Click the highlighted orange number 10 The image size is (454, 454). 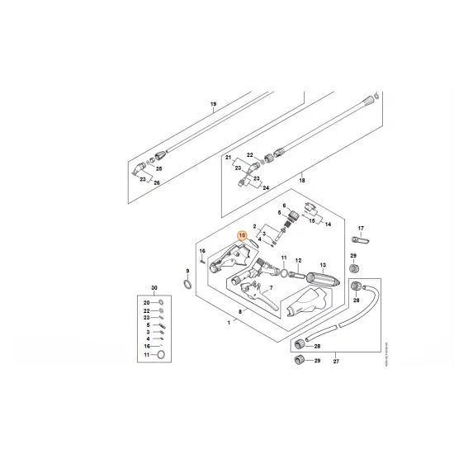pyautogui.click(x=242, y=235)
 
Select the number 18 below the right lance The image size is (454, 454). pyautogui.click(x=301, y=179)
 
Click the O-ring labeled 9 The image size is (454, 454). pyautogui.click(x=189, y=285)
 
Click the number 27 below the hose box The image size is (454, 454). pyautogui.click(x=335, y=361)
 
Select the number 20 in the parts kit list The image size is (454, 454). pyautogui.click(x=146, y=303)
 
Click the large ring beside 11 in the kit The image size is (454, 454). pyautogui.click(x=161, y=355)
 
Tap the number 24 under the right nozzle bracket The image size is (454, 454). pyautogui.click(x=267, y=187)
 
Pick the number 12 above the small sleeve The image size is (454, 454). pyautogui.click(x=298, y=260)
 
